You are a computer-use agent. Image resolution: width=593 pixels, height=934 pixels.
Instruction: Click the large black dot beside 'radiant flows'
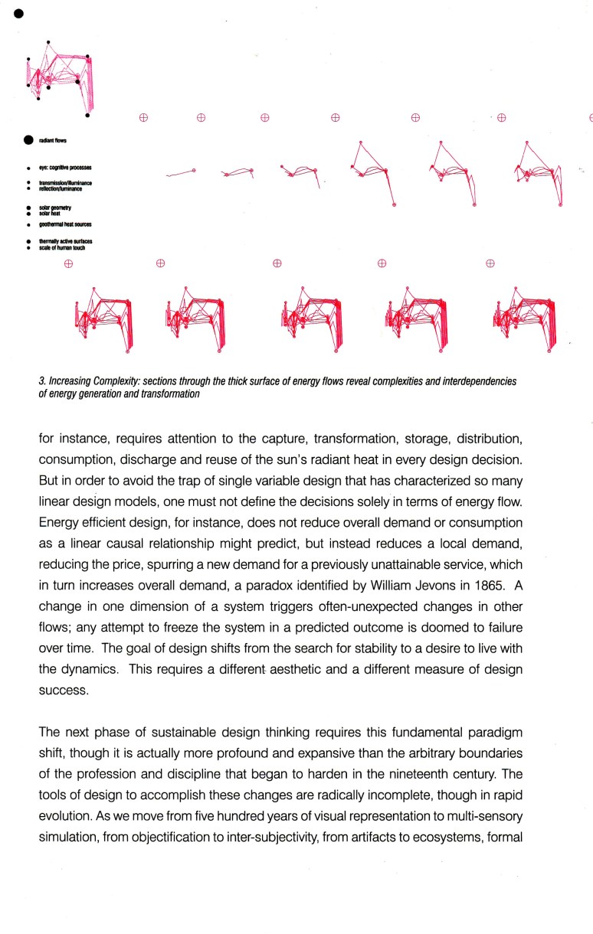[28, 140]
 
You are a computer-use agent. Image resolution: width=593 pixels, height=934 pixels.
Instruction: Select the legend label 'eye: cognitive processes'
[65, 166]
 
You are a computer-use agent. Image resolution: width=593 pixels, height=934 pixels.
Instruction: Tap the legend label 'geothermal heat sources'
[65, 226]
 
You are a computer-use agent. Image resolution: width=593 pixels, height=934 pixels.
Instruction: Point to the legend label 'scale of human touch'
[62, 248]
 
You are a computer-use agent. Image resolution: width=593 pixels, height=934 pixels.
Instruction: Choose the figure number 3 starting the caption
[40, 380]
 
